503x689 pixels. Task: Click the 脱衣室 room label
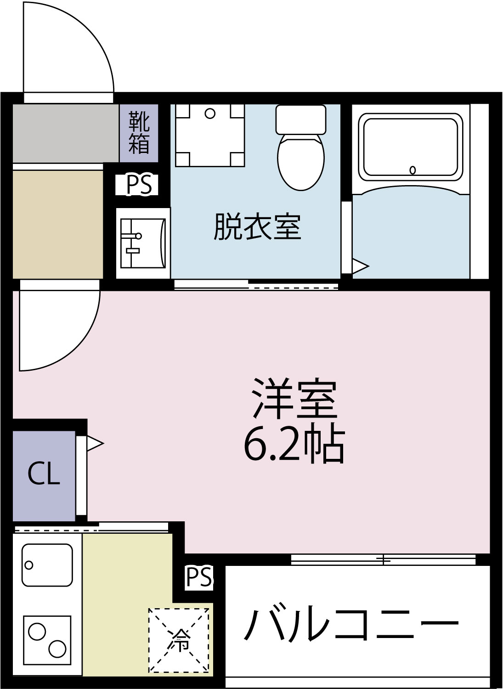(x=257, y=227)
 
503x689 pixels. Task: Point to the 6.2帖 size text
(x=294, y=444)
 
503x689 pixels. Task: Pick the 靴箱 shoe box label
(x=139, y=132)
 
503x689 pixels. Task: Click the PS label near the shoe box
(x=139, y=185)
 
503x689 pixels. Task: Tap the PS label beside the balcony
(x=199, y=577)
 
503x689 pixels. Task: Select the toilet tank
(x=301, y=119)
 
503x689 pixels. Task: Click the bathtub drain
(x=413, y=170)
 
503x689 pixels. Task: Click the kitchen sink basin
(x=47, y=565)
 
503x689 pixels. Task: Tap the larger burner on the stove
(x=57, y=649)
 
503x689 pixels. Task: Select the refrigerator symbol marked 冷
(x=179, y=640)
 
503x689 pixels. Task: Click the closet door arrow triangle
(x=94, y=443)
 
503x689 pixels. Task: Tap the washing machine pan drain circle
(x=210, y=113)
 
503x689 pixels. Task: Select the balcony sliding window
(x=383, y=559)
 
